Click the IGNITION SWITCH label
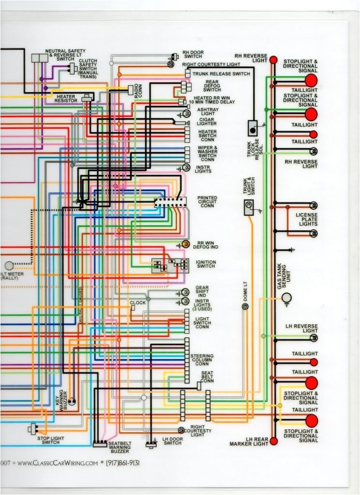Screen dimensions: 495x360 [x=206, y=264]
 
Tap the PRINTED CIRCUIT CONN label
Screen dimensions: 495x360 [x=207, y=202]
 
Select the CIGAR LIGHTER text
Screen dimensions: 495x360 [x=207, y=121]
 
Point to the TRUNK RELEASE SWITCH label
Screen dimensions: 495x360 [x=221, y=73]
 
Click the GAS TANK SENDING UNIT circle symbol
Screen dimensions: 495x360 [x=286, y=297]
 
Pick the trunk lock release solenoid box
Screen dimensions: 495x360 [x=253, y=128]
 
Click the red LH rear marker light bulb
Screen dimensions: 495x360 [x=273, y=441]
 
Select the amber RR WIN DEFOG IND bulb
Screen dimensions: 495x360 [x=185, y=244]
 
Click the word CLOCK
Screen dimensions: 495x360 [x=138, y=303]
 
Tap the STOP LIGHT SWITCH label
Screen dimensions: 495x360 [x=51, y=440]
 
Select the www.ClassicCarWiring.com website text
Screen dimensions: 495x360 [x=54, y=463]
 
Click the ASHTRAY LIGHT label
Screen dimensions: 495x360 [x=207, y=112]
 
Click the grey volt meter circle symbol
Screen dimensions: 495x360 [x=9, y=265]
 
